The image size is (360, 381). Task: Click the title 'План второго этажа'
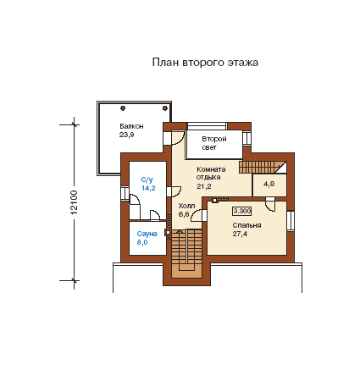point(205,63)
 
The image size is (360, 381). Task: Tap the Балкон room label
point(131,126)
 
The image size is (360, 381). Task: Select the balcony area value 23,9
point(126,135)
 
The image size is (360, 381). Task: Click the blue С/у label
point(147,179)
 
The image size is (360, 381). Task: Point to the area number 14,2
point(148,188)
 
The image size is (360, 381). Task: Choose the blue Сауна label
point(147,234)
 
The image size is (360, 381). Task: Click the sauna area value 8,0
point(142,242)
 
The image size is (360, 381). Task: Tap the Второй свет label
point(214,143)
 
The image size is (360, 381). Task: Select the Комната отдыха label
point(211,174)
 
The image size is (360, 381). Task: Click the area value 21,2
point(204,186)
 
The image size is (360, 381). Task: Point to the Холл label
point(186,206)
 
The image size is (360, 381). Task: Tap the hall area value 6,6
point(184,214)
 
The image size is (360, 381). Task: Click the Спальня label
point(246,225)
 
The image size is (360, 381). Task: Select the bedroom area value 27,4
point(240,234)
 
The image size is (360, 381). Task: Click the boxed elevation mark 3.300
point(242,211)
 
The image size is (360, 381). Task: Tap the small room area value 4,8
point(269,184)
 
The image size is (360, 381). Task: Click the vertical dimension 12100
point(74,202)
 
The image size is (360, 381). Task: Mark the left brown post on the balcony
point(123,108)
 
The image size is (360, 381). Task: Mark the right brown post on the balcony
point(165,108)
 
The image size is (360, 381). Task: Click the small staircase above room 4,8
point(263,167)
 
